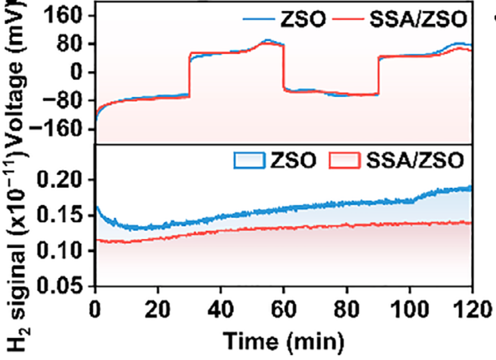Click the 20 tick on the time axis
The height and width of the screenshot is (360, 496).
click(x=158, y=309)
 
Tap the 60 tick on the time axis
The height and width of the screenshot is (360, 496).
click(x=284, y=309)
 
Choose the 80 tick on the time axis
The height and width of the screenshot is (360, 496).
click(x=347, y=309)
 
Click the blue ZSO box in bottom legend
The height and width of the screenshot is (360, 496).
click(x=250, y=161)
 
